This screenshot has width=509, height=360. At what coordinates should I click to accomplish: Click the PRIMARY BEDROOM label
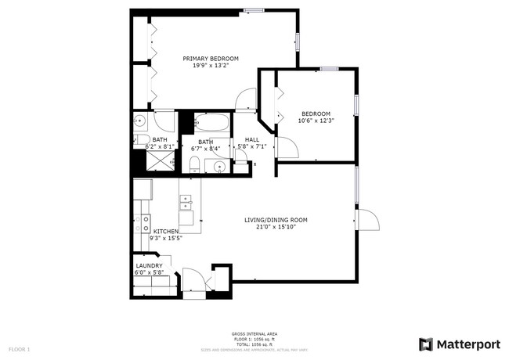click(211, 59)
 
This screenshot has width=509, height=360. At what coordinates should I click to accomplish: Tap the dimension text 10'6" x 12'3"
click(316, 120)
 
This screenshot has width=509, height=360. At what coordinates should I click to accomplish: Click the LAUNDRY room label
click(148, 266)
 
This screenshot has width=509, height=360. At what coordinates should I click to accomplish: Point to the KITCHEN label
click(166, 232)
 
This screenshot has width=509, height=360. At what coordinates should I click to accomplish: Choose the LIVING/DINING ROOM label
click(271, 221)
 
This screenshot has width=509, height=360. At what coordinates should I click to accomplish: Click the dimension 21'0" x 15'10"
click(271, 228)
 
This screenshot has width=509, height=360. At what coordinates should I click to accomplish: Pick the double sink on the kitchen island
click(187, 201)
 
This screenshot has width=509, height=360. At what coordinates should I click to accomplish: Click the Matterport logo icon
click(426, 344)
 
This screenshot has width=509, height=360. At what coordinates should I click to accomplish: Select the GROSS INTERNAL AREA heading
click(254, 334)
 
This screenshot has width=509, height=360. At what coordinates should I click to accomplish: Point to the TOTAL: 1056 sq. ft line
click(254, 344)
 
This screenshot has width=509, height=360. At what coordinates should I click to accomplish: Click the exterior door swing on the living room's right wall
click(368, 219)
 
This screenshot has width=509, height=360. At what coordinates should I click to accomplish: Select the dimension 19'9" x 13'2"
click(211, 66)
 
